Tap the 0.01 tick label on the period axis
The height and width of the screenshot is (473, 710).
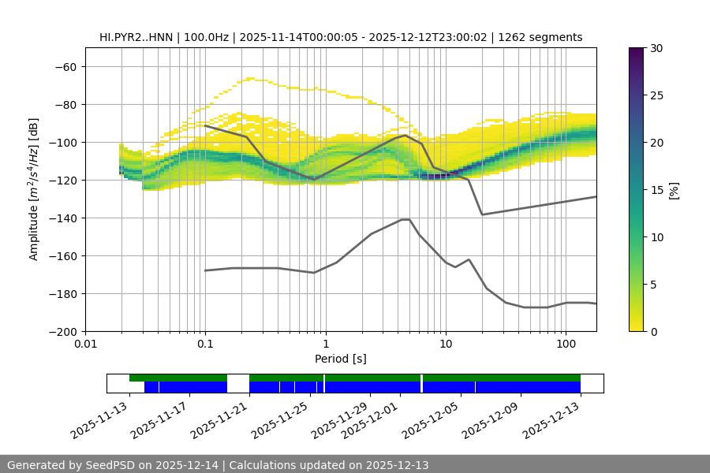pyautogui.click(x=85, y=344)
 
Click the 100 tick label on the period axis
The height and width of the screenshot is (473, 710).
pyautogui.click(x=566, y=344)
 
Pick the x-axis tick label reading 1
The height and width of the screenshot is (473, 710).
pyautogui.click(x=325, y=344)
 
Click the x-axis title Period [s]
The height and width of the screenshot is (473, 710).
pyautogui.click(x=340, y=359)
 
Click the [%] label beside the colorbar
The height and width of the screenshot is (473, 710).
pyautogui.click(x=674, y=190)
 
